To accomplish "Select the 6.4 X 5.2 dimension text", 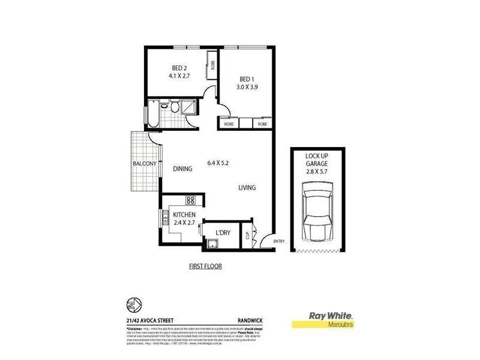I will pyautogui.click(x=221, y=163).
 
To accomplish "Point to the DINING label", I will pyautogui.click(x=182, y=169).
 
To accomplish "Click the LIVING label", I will pyautogui.click(x=247, y=188).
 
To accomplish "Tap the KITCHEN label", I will pyautogui.click(x=184, y=214).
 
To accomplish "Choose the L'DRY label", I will pyautogui.click(x=224, y=231).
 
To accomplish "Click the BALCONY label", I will pyautogui.click(x=145, y=164).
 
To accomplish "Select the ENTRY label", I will pyautogui.click(x=279, y=242).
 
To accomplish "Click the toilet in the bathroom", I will pyautogui.click(x=173, y=108).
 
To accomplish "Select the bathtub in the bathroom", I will pyautogui.click(x=152, y=113).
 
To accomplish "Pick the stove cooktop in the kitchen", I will pyautogui.click(x=191, y=200).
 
